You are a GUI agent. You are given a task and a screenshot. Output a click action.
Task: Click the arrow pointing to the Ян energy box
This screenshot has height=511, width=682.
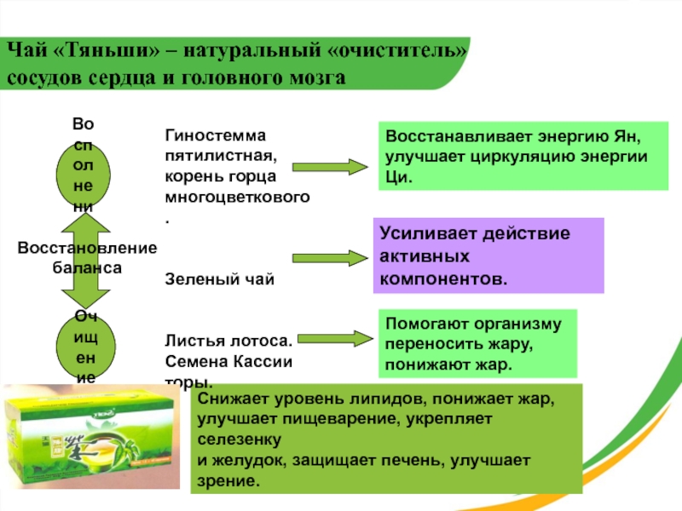331,165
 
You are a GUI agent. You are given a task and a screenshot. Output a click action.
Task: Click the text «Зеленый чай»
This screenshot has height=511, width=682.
219,278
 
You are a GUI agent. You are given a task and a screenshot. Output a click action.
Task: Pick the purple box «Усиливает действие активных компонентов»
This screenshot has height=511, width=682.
488,255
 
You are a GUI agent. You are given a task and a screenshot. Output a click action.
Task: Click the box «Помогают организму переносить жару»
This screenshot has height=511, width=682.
477,344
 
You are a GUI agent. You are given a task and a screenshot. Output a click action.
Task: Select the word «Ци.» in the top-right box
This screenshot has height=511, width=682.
398,178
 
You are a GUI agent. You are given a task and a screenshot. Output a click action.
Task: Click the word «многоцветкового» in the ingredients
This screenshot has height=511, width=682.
236,198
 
